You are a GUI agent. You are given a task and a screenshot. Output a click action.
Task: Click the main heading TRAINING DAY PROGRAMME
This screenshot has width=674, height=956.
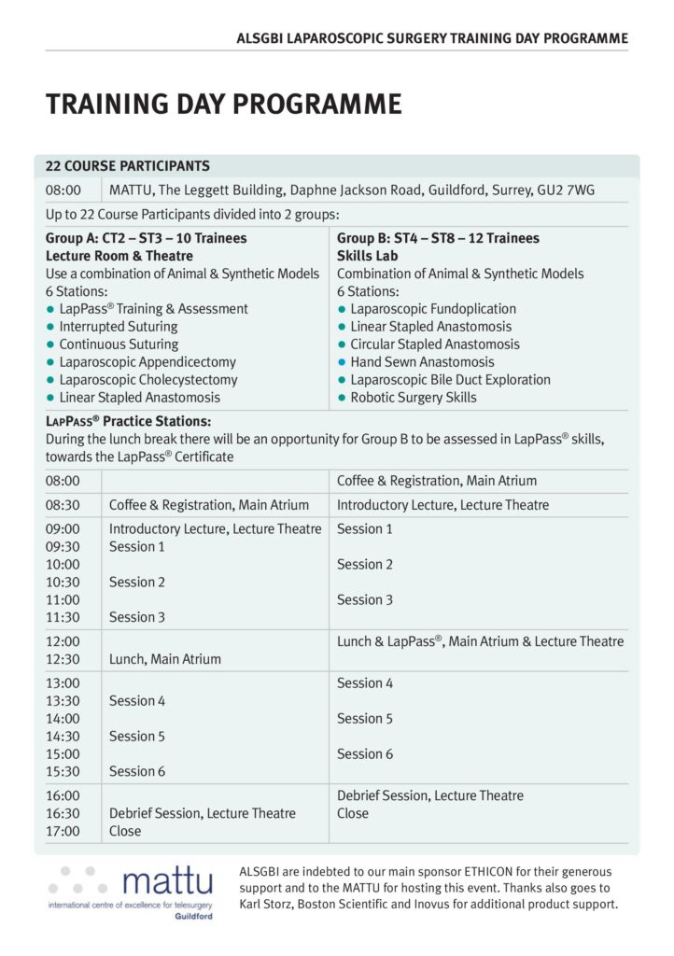point(223,104)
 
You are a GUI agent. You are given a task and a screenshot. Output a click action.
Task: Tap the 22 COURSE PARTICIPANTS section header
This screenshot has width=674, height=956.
point(128,166)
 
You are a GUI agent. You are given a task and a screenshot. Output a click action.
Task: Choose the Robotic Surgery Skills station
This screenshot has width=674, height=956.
point(413,398)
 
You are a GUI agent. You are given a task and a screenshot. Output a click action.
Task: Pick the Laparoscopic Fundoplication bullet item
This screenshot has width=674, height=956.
point(433,309)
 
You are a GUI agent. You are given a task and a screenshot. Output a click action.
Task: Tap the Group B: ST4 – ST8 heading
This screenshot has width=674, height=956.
point(438,238)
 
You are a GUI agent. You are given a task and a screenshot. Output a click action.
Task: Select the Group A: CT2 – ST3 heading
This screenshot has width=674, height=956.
point(146,238)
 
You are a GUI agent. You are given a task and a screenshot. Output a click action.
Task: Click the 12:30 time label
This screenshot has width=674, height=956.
point(63,659)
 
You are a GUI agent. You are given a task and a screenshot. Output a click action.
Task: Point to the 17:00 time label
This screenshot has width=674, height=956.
point(63,831)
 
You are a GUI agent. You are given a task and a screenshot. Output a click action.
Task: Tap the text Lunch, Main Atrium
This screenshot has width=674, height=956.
point(165,659)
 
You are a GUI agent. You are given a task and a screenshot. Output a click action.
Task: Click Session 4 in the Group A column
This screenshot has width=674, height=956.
point(136,701)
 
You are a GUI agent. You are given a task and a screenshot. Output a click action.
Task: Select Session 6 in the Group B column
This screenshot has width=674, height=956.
point(365,754)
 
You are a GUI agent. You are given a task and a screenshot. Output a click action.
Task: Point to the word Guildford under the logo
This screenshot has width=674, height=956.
point(193,917)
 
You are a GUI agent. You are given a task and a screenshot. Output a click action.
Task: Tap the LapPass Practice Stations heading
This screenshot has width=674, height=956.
point(128,421)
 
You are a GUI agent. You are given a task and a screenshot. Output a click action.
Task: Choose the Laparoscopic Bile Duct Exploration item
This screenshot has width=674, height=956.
point(450,380)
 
